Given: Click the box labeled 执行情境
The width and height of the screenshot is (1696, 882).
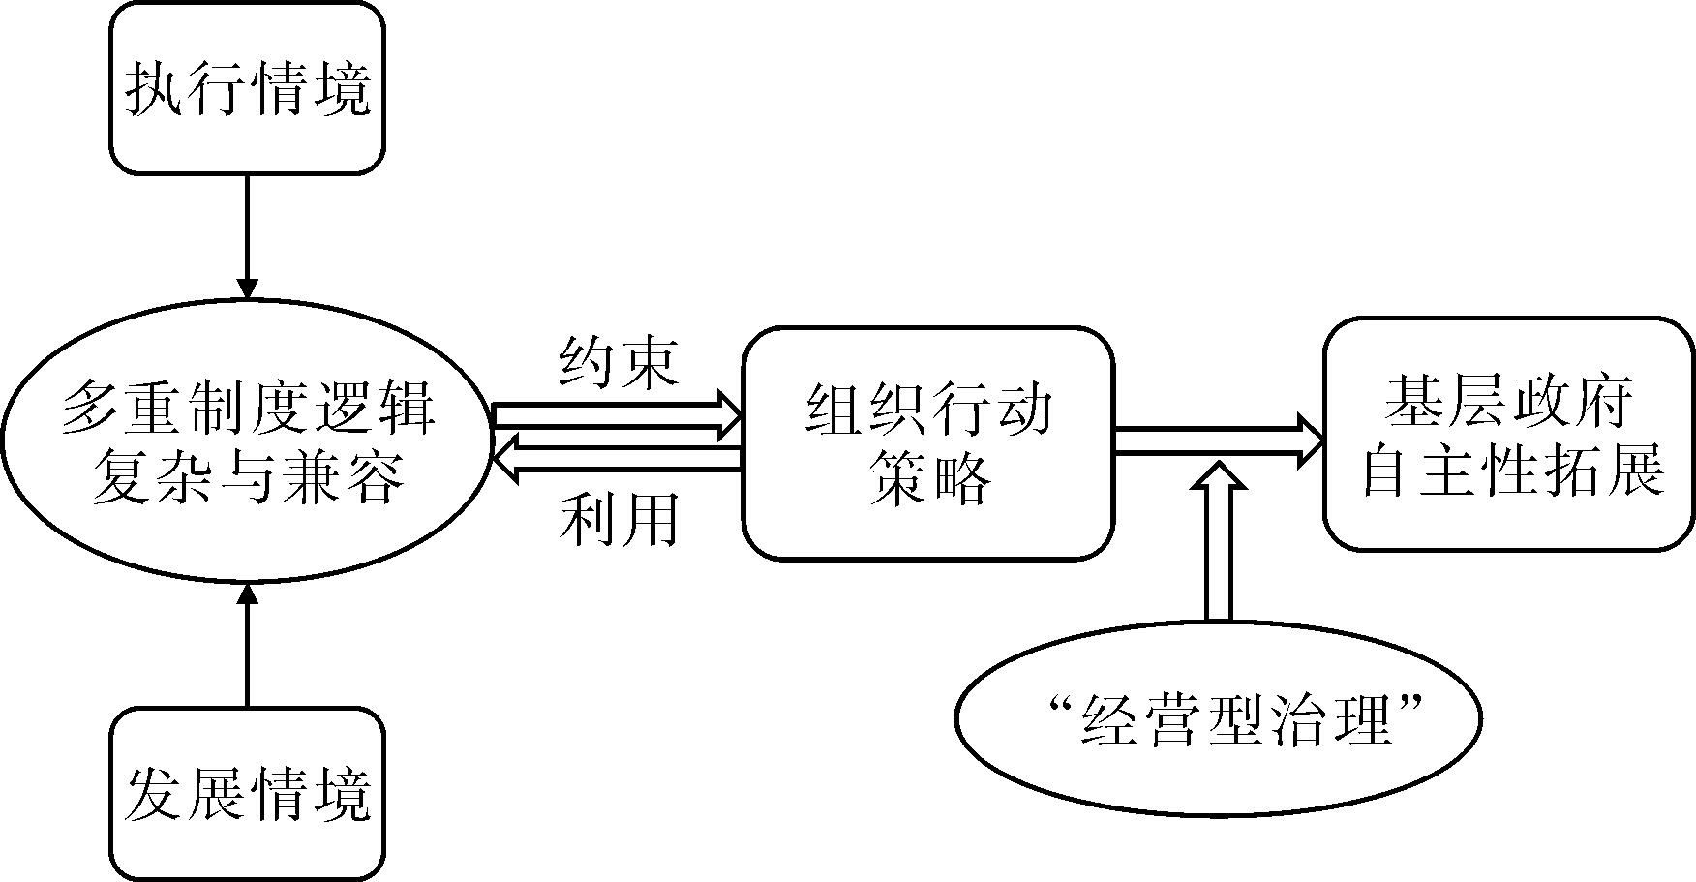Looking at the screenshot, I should (247, 89).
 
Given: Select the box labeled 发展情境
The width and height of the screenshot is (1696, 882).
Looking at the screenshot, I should (247, 794).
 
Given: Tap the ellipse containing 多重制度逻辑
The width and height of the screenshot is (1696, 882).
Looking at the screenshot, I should (247, 441).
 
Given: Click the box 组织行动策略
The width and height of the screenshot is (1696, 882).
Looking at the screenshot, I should (927, 443).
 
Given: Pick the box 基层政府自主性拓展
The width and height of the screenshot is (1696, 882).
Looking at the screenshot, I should (1509, 435).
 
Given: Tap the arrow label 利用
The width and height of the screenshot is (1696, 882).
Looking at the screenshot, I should (619, 520).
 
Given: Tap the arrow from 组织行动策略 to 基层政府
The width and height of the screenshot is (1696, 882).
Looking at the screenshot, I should (1219, 441).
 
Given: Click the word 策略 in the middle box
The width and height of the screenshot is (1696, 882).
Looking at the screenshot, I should (928, 477).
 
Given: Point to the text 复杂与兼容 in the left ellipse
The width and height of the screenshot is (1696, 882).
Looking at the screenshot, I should (247, 476).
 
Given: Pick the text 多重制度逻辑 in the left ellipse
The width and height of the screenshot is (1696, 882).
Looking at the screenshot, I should (248, 409).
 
